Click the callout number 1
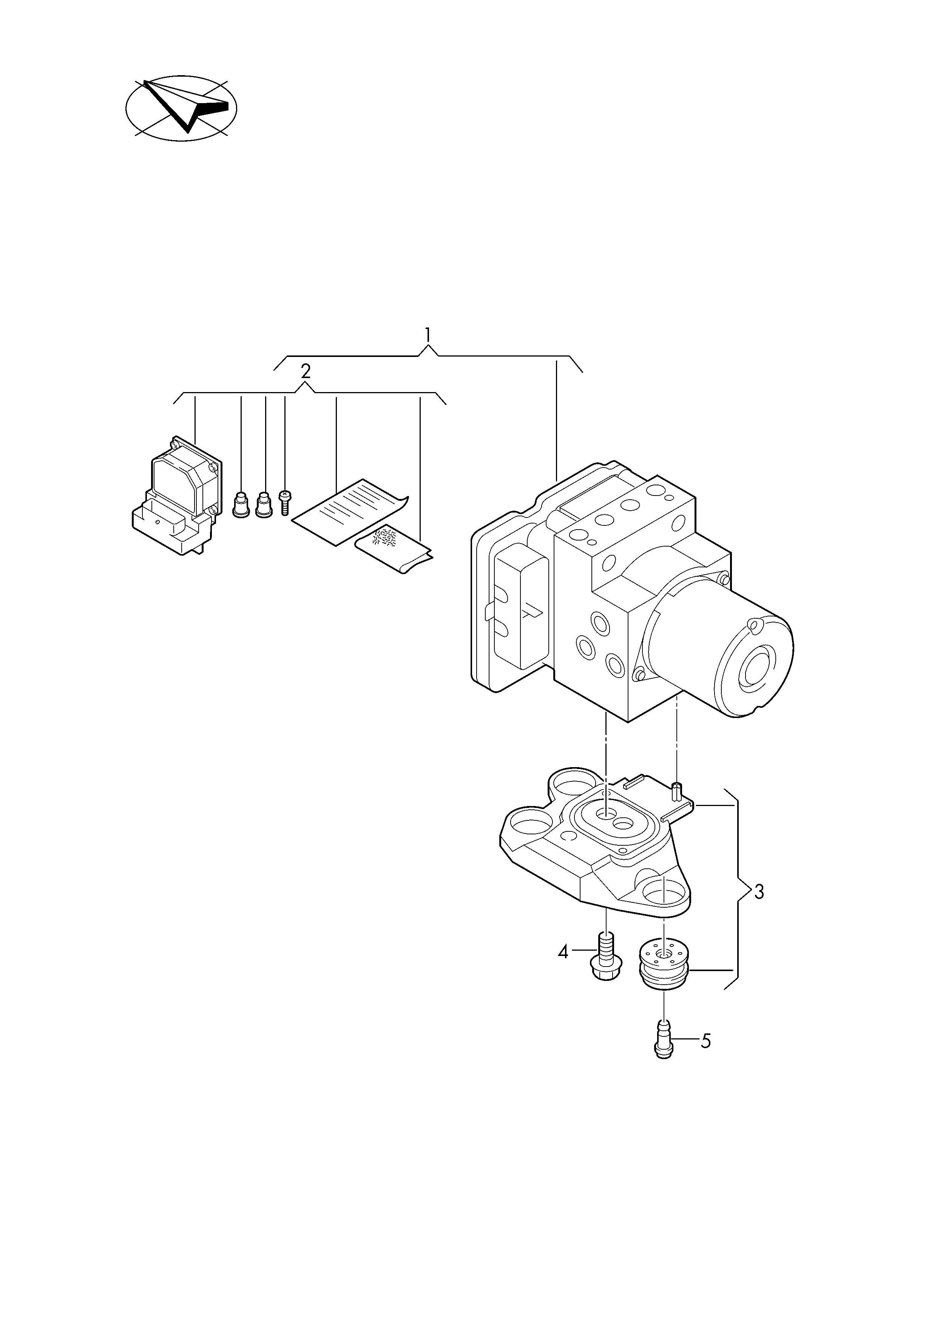(428, 335)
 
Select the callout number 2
(306, 371)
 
